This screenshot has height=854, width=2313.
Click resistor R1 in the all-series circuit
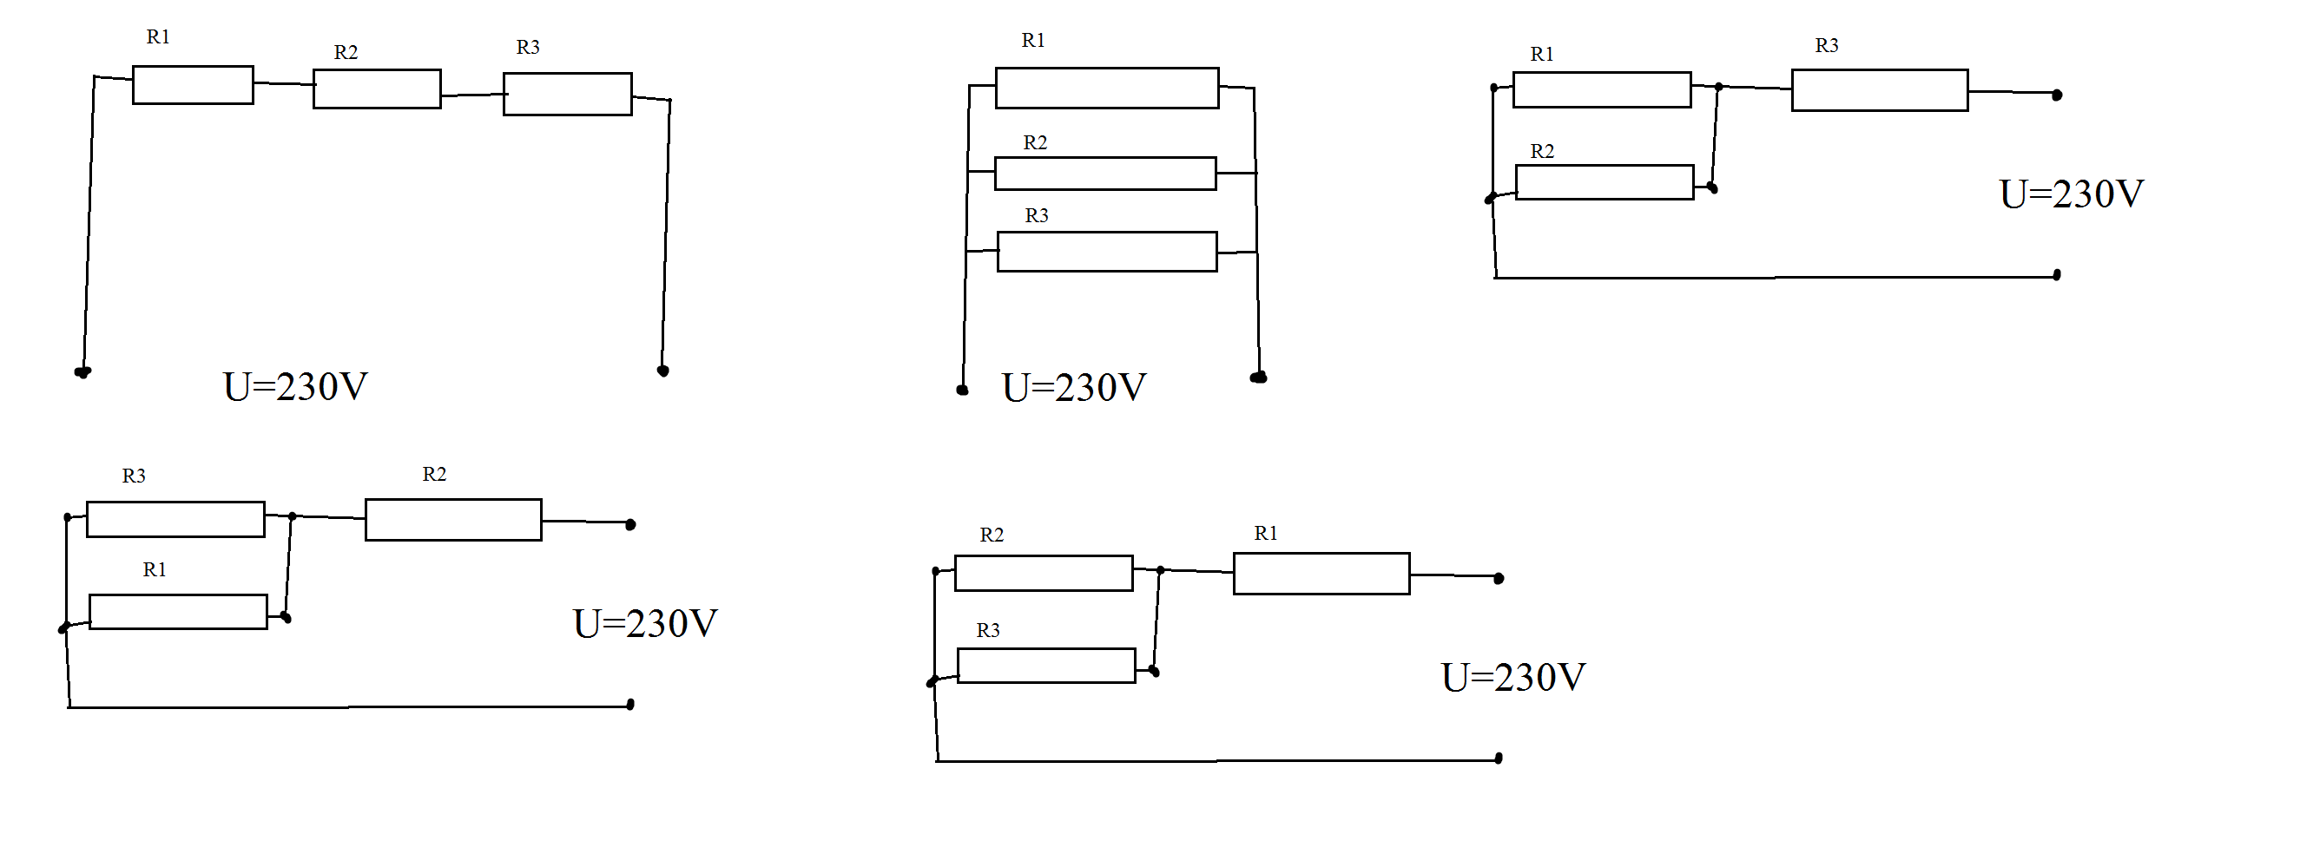193,85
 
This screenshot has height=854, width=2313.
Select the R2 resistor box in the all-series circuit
377,89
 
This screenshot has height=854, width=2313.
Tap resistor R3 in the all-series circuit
568,95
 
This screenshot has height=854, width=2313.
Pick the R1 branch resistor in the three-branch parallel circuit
1107,88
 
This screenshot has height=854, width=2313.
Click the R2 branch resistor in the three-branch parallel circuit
1105,174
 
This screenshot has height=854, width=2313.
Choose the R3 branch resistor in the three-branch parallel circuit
1107,252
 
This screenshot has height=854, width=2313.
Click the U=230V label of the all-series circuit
295,387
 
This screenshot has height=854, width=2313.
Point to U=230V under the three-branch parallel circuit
1074,388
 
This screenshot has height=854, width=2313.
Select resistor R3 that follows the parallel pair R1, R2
1881,89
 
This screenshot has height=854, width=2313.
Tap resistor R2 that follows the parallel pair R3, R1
453,520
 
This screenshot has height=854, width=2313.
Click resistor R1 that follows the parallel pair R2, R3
1321,573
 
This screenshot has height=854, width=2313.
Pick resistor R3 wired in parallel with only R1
176,519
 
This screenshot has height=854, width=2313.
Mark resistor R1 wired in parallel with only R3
179,612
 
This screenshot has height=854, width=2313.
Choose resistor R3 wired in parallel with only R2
1047,666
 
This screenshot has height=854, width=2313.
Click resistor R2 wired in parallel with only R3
1044,573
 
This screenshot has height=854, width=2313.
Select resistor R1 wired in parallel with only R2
1603,89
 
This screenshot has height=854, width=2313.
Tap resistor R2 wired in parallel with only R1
1605,182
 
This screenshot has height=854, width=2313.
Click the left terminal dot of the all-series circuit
82,371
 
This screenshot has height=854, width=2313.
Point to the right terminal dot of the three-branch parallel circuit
1259,378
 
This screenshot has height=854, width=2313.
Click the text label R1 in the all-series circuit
158,36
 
